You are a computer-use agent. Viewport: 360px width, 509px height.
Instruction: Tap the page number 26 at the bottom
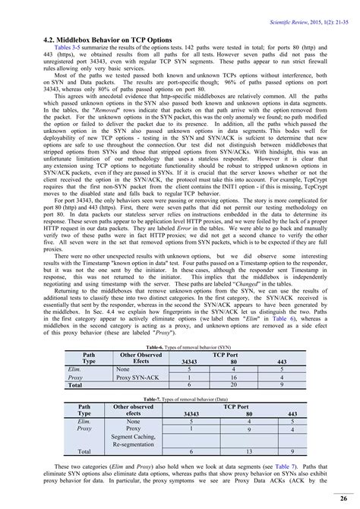(343, 498)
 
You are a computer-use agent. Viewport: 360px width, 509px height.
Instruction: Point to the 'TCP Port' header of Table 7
(241, 406)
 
